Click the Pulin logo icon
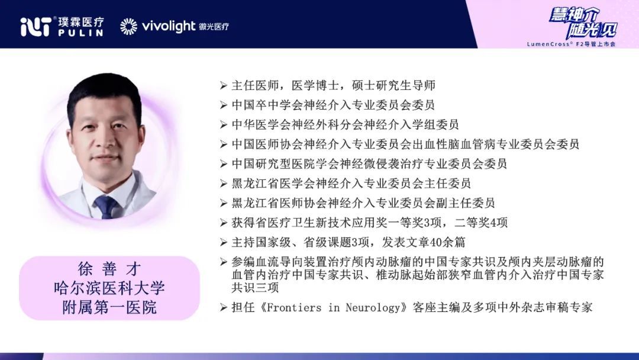pyautogui.click(x=36, y=27)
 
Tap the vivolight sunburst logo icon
pyautogui.click(x=129, y=27)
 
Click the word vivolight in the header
pyautogui.click(x=169, y=27)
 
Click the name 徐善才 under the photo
pyautogui.click(x=109, y=269)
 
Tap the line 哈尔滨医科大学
pyautogui.click(x=109, y=288)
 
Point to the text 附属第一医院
pyautogui.click(x=109, y=307)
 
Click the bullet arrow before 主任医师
pyautogui.click(x=223, y=86)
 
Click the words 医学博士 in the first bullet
pyautogui.click(x=315, y=86)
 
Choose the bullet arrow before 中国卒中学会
pyautogui.click(x=223, y=105)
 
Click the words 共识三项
pyautogui.click(x=255, y=287)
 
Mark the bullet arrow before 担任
pyautogui.click(x=223, y=307)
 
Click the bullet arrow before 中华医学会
pyautogui.click(x=223, y=125)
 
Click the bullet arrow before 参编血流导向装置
pyautogui.click(x=223, y=262)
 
